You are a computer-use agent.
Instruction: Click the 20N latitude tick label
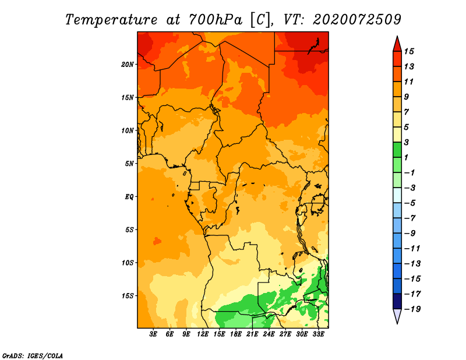[128, 65]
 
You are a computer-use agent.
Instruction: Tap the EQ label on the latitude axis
[129, 197]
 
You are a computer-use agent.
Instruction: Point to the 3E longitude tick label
[153, 334]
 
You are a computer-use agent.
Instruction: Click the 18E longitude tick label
[236, 334]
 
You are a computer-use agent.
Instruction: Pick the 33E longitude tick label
[318, 334]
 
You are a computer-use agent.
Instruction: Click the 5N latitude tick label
[129, 164]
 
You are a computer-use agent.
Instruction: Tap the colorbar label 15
[409, 51]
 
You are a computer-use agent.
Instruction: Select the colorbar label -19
[412, 309]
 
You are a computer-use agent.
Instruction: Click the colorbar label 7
[407, 112]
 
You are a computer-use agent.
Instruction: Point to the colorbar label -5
[410, 203]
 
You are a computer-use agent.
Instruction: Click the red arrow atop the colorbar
[397, 44]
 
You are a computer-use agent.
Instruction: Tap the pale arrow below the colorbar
[397, 316]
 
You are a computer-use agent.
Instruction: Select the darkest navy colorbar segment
[397, 301]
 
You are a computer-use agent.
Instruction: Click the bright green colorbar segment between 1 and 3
[397, 150]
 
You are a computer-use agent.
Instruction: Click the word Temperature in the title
[111, 20]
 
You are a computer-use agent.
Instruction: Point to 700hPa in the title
[216, 20]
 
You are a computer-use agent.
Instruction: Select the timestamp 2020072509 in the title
[357, 20]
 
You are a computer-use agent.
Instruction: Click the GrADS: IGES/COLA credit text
[33, 356]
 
